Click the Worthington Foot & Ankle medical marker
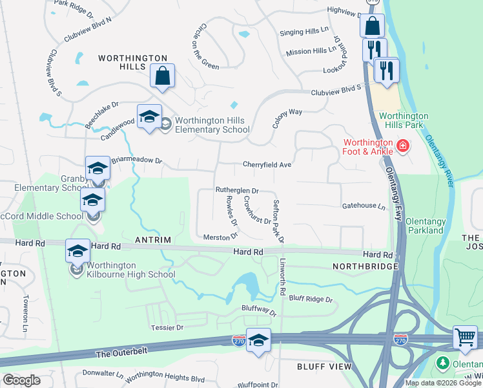[x=404, y=146]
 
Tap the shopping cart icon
[x=465, y=338]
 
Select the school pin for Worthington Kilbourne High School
[x=77, y=250]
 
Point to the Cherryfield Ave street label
[x=267, y=165]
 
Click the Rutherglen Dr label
[x=236, y=191]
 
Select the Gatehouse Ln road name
[x=363, y=207]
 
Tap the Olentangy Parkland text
[x=424, y=226]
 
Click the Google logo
[x=22, y=380]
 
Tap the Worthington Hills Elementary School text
[x=203, y=125]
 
